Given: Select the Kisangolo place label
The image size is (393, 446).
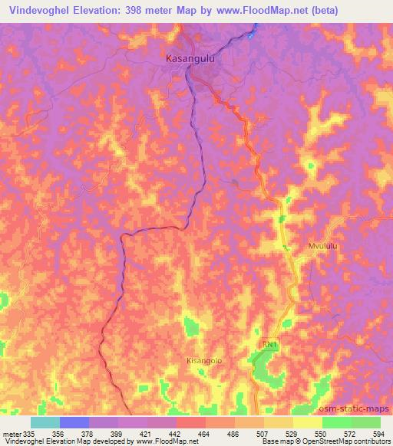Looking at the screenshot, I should point(204,359).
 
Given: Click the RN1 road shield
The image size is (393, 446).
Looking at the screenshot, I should point(267,346).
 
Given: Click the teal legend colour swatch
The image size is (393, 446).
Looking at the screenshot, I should point(45,422).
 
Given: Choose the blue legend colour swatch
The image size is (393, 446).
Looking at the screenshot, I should point(74,422).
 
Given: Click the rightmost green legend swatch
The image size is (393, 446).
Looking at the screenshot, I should point(366,422).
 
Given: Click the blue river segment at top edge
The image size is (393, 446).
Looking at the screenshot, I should point(253,31).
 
